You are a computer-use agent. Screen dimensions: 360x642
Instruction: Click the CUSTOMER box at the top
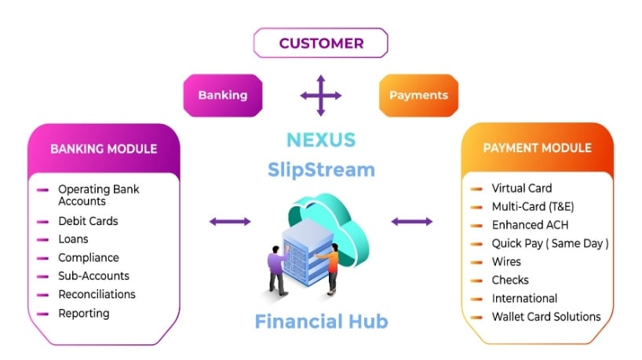pos(320,43)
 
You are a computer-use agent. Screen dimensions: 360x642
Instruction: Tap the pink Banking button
pos(222,95)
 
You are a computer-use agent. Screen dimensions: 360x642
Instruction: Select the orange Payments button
pos(418,95)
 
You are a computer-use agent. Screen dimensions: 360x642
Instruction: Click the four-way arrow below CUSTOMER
pos(320,96)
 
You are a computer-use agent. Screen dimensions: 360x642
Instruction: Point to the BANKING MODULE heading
pos(104,149)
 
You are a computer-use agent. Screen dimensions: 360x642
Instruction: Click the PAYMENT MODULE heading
pos(537,148)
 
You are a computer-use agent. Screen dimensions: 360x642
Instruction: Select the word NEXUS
pos(320,140)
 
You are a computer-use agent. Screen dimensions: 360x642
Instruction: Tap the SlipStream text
pos(320,169)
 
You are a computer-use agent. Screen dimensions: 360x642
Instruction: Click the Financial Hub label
pos(320,321)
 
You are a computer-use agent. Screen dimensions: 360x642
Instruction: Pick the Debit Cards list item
pos(88,221)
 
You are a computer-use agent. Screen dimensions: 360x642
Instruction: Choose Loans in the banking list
pos(73,239)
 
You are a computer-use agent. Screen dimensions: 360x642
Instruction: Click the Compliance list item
pos(88,257)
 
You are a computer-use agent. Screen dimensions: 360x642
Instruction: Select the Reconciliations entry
pos(97,294)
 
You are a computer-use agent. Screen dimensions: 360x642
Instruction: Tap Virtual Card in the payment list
pos(521,188)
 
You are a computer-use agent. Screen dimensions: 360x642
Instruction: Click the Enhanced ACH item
pos(529,225)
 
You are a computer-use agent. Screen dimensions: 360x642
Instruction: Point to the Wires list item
pos(506,261)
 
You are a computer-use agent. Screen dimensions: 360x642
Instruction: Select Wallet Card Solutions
pos(545,317)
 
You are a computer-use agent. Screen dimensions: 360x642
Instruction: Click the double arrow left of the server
pos(230,222)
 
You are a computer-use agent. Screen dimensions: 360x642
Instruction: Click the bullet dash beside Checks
pos(476,281)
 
